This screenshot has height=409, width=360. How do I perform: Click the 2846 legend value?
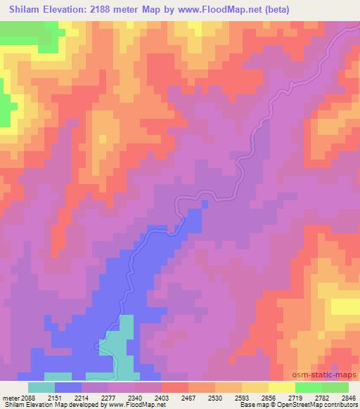click(x=349, y=397)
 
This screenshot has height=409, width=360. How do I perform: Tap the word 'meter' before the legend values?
click(x=12, y=397)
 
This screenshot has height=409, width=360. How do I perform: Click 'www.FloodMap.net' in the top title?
click(x=212, y=11)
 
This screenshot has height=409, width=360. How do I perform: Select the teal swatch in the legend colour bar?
click(x=41, y=387)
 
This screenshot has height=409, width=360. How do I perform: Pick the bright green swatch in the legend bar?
click(x=309, y=387)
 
